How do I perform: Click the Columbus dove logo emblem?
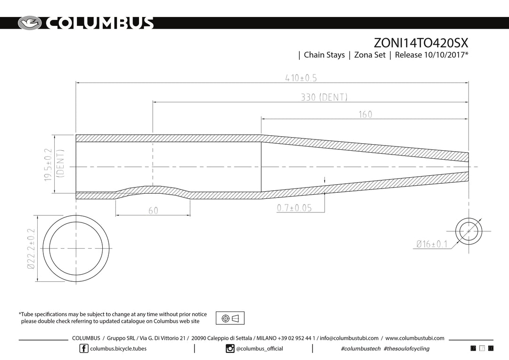(30, 23)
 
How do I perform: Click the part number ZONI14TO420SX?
(421, 43)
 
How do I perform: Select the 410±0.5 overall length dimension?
(301, 78)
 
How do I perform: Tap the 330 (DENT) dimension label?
(324, 97)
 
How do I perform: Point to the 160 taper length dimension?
(365, 114)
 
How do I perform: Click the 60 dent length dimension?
(153, 211)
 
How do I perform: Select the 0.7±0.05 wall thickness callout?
(294, 208)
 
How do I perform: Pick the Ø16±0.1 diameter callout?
(432, 244)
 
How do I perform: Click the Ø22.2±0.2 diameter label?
(31, 249)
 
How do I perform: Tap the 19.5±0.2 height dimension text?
(48, 164)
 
